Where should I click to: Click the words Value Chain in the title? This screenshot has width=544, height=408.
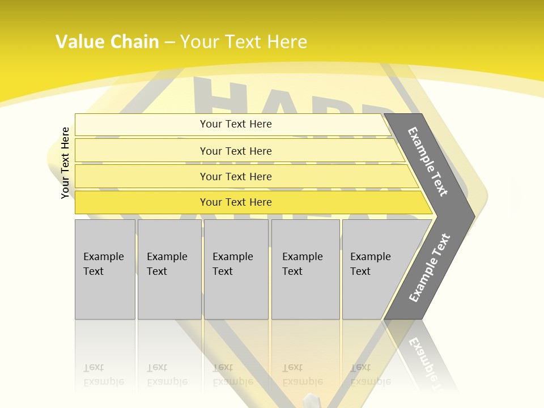click(107, 41)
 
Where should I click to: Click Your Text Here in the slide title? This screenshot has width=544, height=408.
click(244, 41)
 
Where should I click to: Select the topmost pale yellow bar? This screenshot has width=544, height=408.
click(235, 124)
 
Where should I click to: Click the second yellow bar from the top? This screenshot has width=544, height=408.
click(235, 151)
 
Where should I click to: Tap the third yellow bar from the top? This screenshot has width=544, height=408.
click(235, 176)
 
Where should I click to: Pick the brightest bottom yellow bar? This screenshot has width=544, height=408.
click(235, 202)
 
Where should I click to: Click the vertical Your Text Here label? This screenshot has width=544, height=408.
click(65, 163)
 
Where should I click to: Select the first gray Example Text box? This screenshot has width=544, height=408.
click(105, 269)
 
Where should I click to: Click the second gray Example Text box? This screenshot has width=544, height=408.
click(169, 269)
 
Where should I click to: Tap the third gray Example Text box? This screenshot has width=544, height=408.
click(236, 269)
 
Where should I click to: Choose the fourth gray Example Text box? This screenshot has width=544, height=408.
click(305, 269)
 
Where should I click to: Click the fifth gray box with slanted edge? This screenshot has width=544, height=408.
click(374, 269)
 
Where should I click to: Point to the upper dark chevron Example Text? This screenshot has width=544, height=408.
click(428, 161)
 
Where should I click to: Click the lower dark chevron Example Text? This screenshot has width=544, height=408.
click(430, 267)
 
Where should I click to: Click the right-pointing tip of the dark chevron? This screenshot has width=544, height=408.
click(471, 216)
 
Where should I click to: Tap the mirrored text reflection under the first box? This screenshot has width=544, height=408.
click(103, 375)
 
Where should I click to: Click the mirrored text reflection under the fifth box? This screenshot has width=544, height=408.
click(370, 375)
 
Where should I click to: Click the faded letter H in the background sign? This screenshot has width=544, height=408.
click(221, 96)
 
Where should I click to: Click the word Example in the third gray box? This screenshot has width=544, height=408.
click(232, 257)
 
